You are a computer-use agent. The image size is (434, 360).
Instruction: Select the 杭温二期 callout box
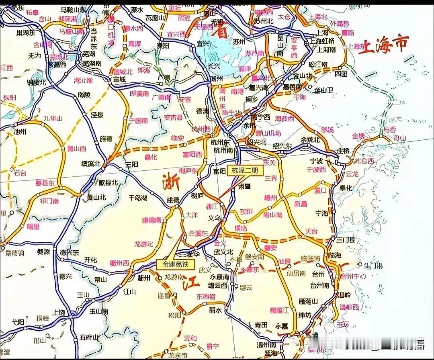point(245,170)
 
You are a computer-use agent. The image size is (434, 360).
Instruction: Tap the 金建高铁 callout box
point(175,264)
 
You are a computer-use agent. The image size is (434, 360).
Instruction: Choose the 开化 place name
point(90,260)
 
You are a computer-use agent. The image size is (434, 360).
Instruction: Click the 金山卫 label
point(324,90)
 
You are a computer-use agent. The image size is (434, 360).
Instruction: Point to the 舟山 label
point(400,138)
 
